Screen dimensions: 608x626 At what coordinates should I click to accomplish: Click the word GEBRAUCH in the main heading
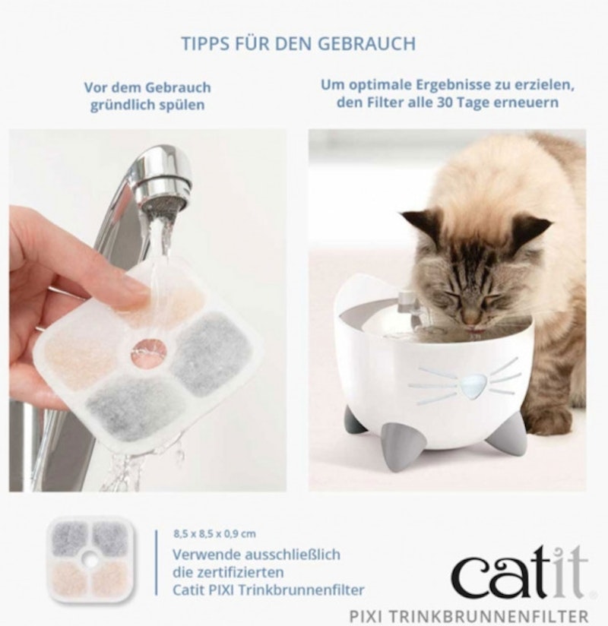click(367, 44)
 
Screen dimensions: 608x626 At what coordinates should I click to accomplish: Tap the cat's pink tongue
click(473, 330)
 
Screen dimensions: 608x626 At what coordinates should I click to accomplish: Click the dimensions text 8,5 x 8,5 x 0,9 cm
click(214, 533)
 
